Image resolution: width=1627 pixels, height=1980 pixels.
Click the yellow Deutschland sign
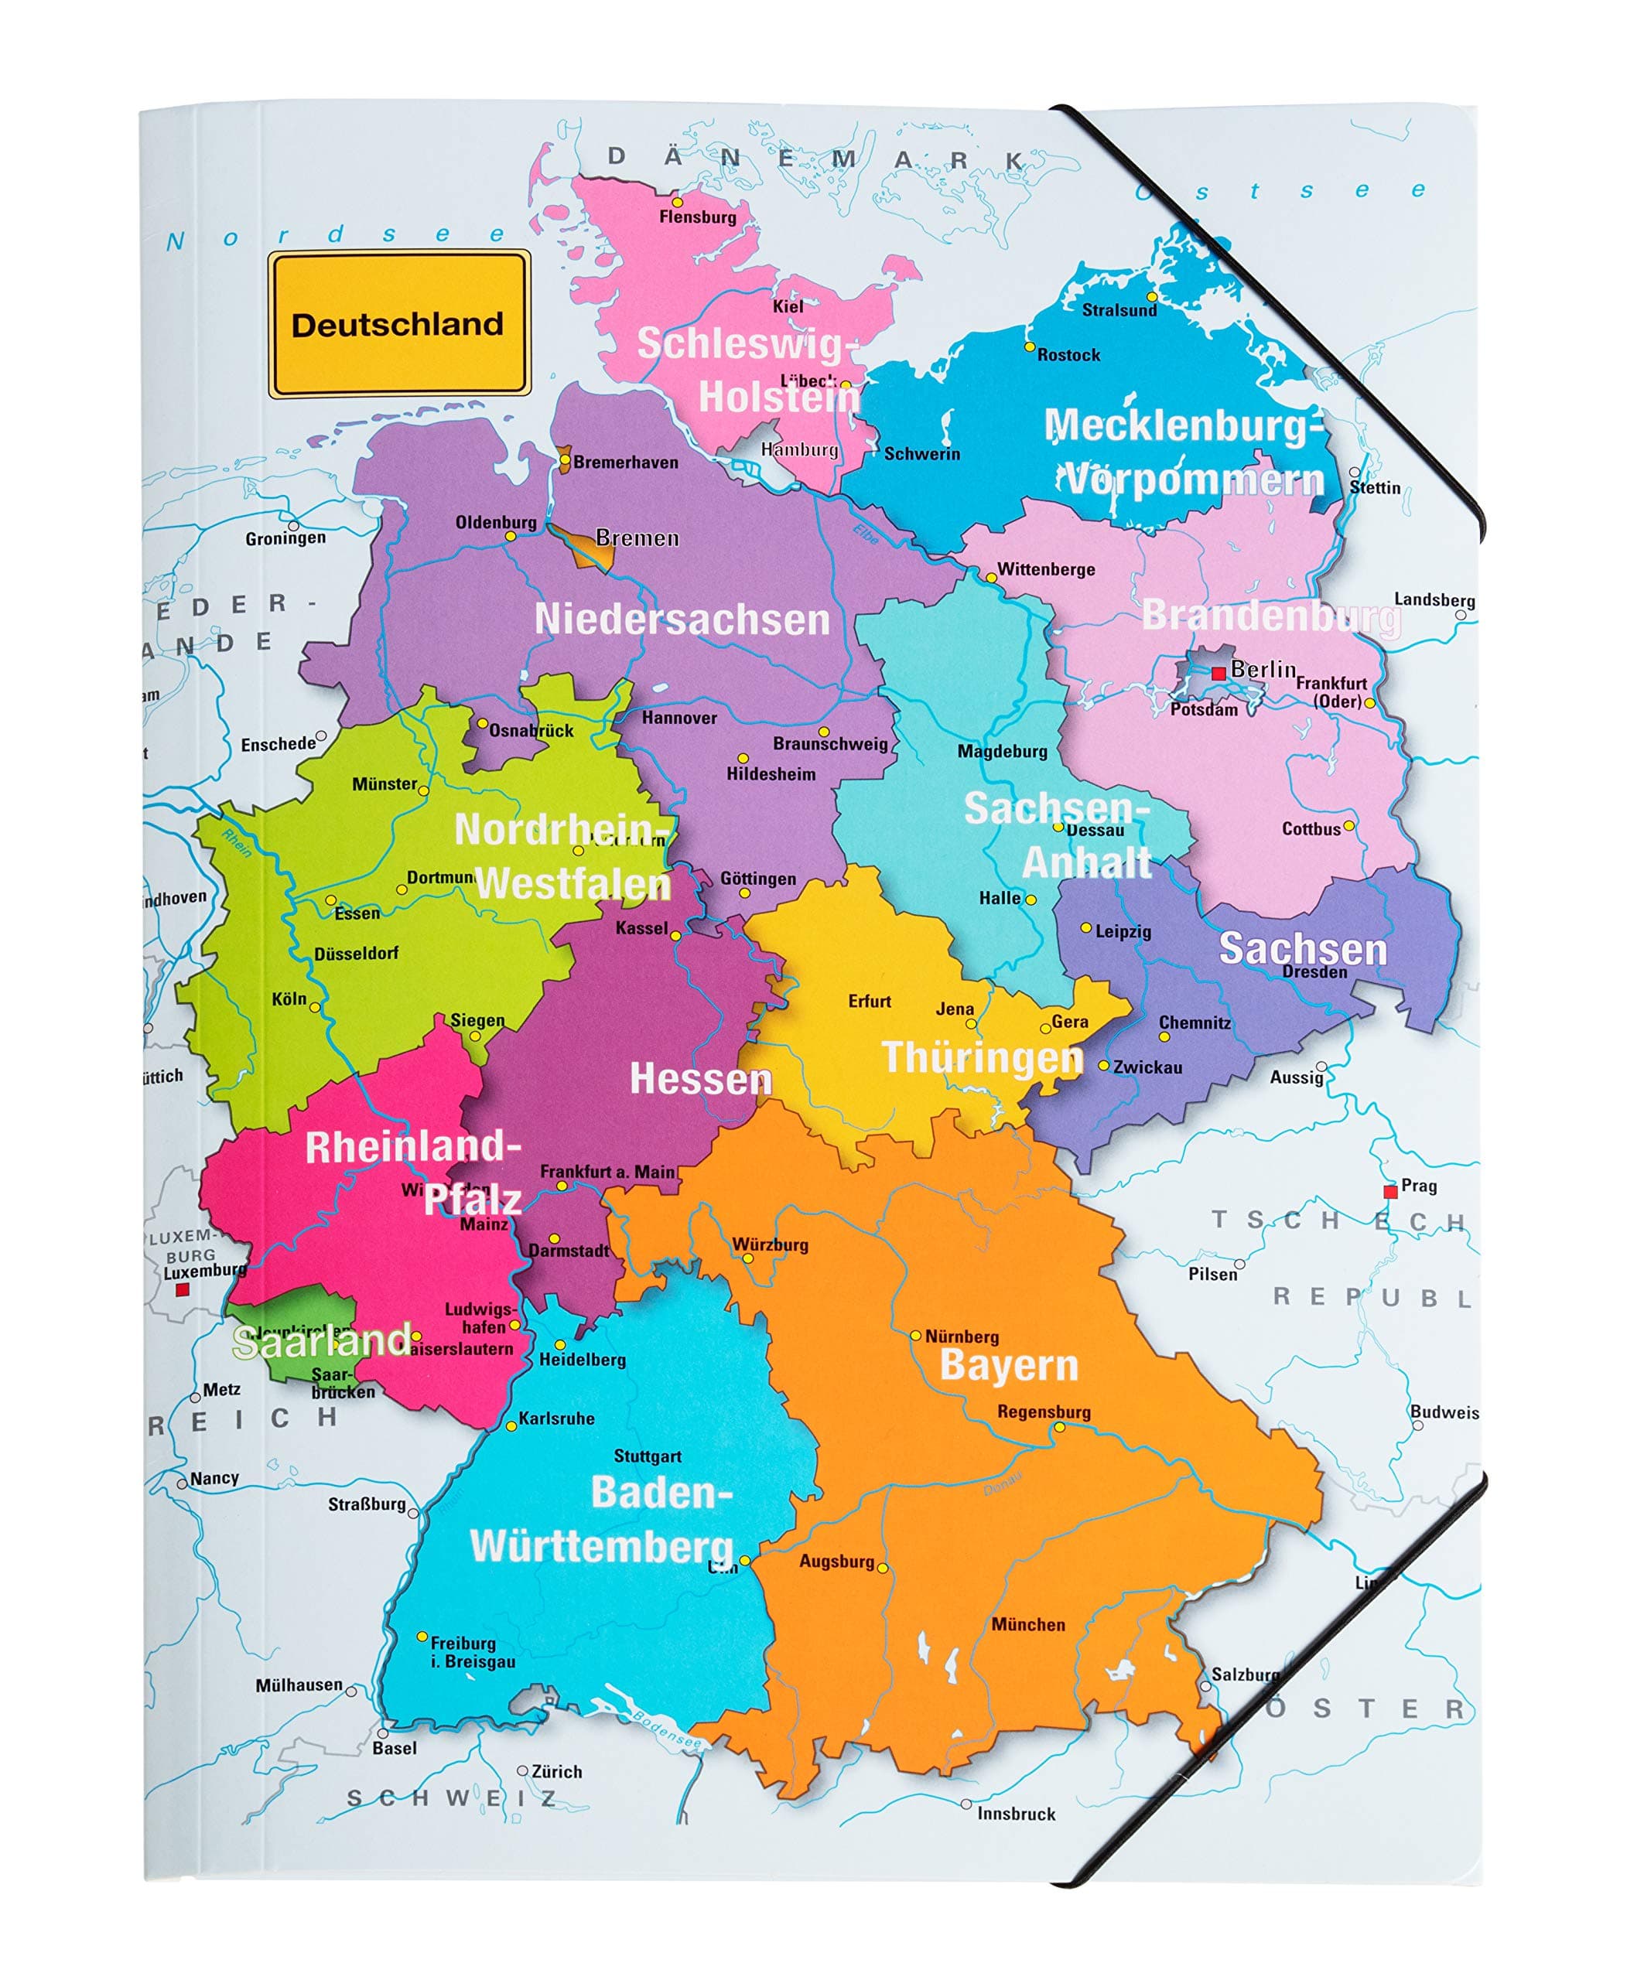(398, 324)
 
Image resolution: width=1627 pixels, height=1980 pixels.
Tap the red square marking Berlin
(1219, 673)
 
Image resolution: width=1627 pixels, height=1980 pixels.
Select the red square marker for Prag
(1390, 1191)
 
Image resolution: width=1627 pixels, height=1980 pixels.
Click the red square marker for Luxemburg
(183, 1289)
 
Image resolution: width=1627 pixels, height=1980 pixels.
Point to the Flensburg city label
(697, 217)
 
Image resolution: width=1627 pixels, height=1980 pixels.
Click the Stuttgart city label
(647, 1456)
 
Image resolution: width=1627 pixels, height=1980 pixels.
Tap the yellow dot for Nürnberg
(916, 1335)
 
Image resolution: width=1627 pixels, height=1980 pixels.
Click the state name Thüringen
(981, 1057)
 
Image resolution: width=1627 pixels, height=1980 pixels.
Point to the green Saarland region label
(322, 1342)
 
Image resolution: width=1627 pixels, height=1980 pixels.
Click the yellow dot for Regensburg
(1059, 1427)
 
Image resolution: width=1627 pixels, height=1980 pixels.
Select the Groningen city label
(285, 538)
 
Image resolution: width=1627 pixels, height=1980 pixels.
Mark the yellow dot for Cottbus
(1348, 825)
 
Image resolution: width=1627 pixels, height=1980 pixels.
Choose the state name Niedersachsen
(682, 620)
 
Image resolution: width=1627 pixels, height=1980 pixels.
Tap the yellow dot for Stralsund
(1152, 297)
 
